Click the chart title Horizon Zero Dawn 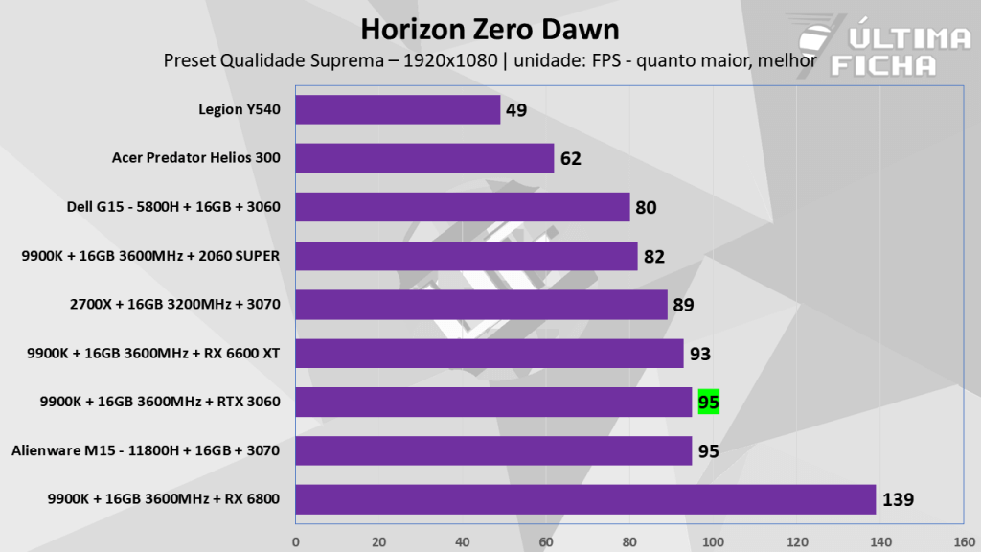490,27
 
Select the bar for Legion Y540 398,109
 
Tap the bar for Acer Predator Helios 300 424,158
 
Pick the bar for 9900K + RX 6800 585,499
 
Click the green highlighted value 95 709,402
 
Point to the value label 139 899,500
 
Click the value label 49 516,110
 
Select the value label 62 571,159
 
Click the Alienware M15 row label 146,449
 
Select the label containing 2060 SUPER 150,256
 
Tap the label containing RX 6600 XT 154,353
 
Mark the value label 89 683,305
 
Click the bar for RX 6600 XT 490,354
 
